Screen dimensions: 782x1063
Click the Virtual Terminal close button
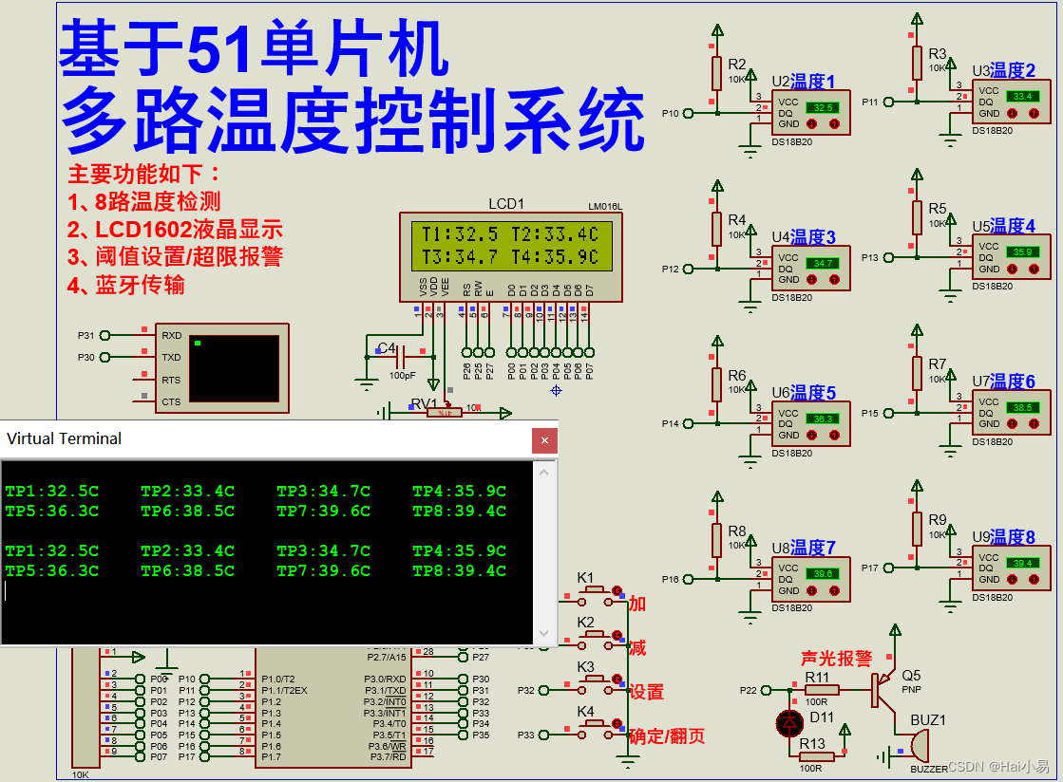(x=544, y=440)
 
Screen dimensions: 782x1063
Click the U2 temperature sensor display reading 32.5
(x=823, y=107)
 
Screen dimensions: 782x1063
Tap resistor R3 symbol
(x=917, y=63)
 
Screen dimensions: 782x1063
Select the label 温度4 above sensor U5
(x=1013, y=226)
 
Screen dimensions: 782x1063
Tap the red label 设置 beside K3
(x=646, y=693)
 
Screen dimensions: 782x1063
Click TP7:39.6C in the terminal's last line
(x=324, y=571)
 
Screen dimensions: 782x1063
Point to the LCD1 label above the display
(x=505, y=204)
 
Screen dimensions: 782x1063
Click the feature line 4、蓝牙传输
(x=126, y=285)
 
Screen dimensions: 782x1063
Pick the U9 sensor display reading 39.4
(x=1022, y=563)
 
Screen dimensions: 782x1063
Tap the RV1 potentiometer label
(x=425, y=403)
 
